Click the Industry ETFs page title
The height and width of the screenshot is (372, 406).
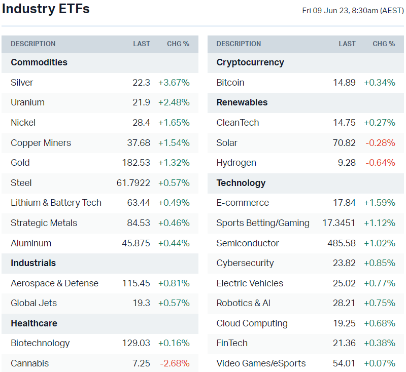coord(46,9)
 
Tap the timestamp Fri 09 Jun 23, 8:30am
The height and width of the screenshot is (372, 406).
coord(352,10)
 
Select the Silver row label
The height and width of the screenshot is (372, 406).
coord(22,83)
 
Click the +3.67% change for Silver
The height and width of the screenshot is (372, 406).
coord(174,83)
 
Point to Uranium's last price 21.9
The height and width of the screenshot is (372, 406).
coord(142,102)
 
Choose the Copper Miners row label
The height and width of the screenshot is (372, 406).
coord(41,143)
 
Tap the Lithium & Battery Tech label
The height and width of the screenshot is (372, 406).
coord(56,203)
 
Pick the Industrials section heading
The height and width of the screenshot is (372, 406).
coord(33,263)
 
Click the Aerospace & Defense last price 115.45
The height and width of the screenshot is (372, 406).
coord(136,283)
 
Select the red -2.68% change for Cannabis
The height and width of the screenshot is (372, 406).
coord(175,363)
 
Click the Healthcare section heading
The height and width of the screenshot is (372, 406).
coord(33,323)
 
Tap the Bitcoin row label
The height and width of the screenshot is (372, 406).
coord(230,83)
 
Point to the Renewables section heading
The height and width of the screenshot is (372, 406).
coord(242,102)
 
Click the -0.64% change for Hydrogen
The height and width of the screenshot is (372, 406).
coord(380,163)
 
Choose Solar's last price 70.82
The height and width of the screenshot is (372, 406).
coord(344,143)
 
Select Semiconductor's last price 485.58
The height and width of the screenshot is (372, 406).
coord(342,243)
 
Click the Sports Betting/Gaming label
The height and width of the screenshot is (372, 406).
coord(262,223)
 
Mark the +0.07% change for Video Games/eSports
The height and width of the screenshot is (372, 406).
coord(380,363)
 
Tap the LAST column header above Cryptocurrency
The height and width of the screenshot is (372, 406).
coord(347,44)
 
